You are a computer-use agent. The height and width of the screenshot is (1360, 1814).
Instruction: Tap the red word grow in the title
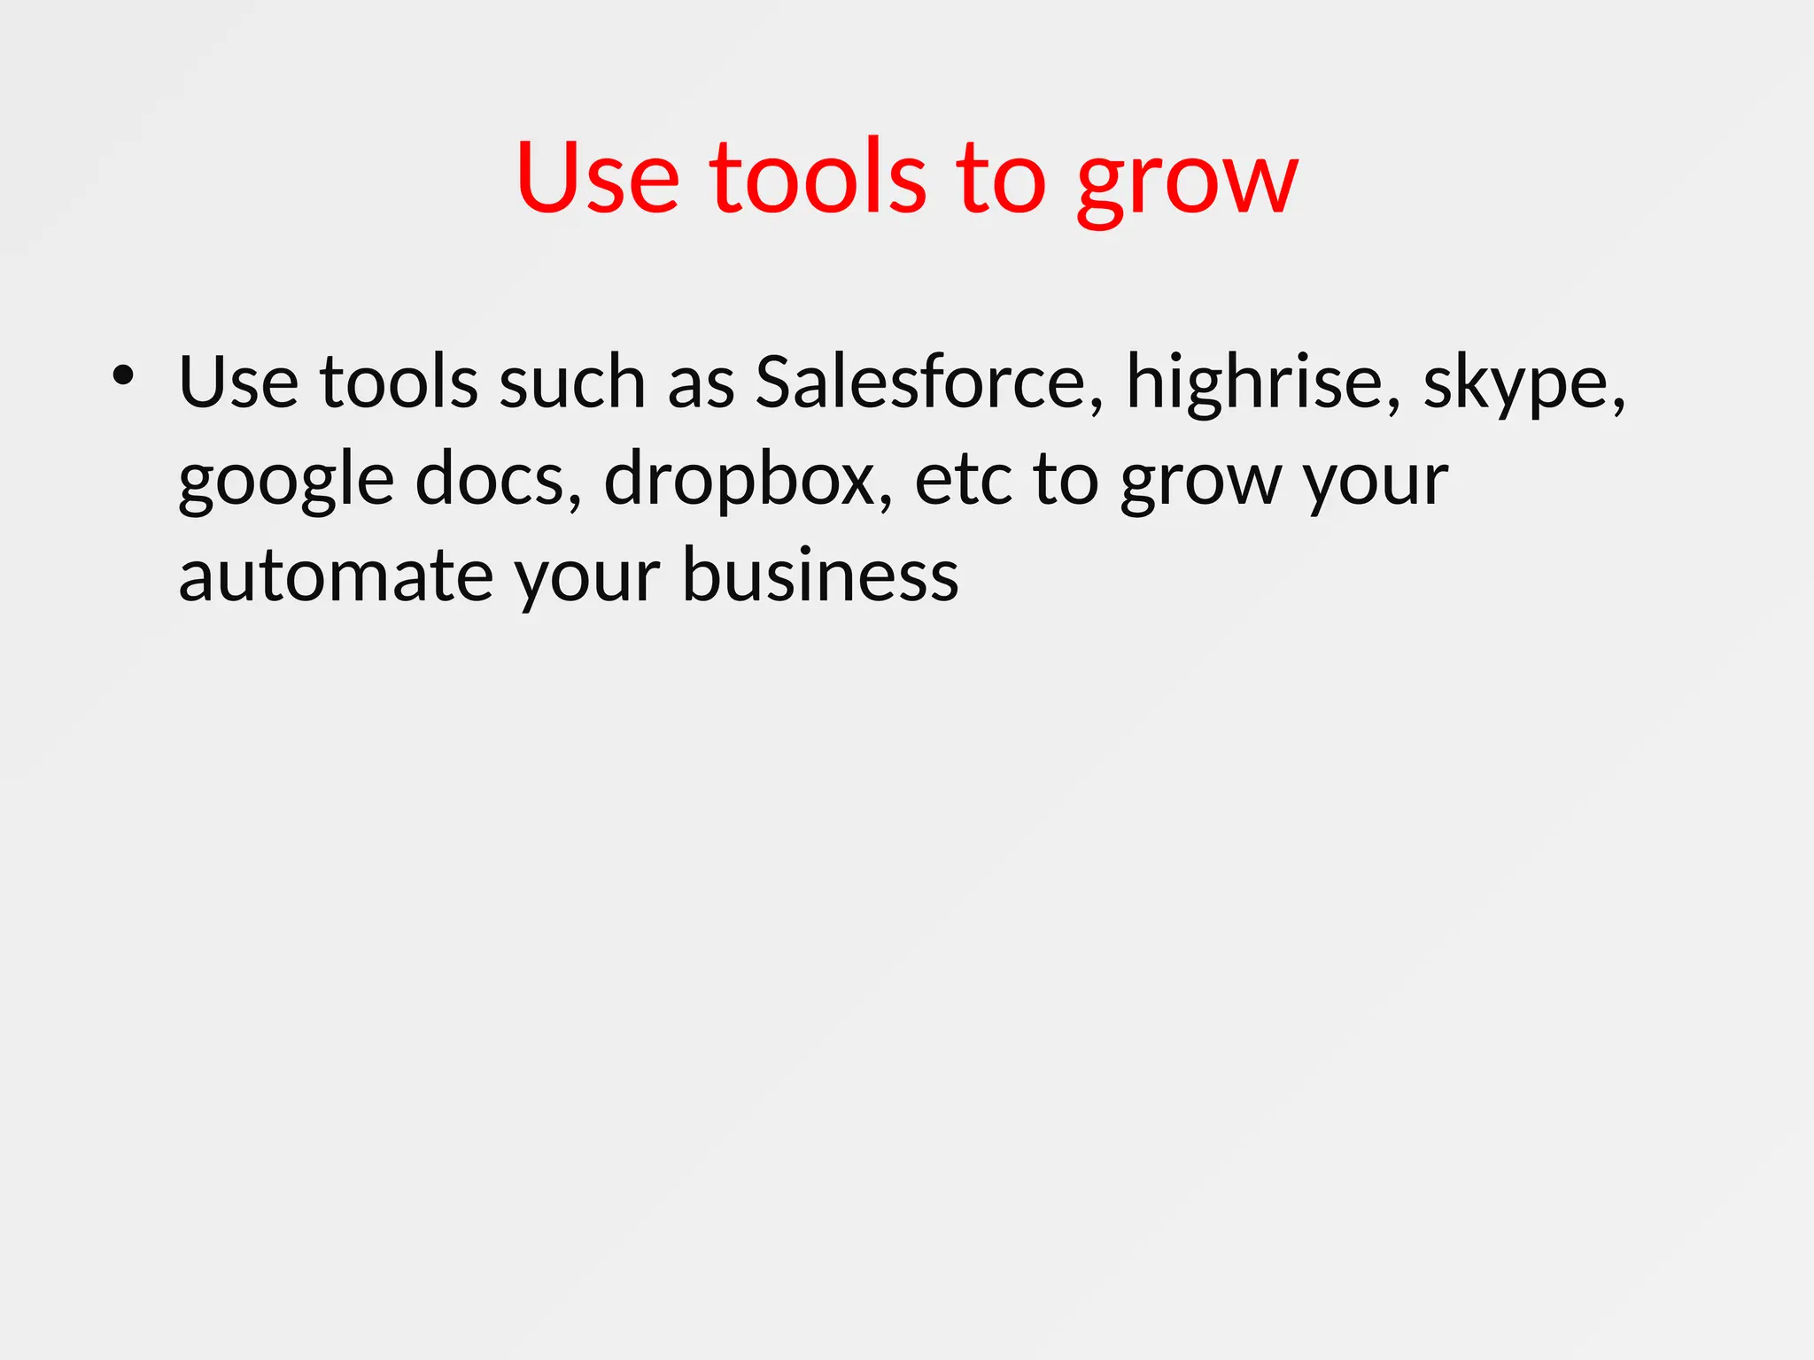pyautogui.click(x=1187, y=182)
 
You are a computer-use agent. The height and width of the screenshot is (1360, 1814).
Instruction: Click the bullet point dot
pyautogui.click(x=123, y=376)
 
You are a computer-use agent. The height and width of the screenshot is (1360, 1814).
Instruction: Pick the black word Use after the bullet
pyautogui.click(x=238, y=382)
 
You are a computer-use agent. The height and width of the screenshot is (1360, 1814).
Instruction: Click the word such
pyautogui.click(x=571, y=382)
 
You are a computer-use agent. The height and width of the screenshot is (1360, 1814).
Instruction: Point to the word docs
pyautogui.click(x=499, y=480)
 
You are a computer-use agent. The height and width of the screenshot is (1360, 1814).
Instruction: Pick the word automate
pyautogui.click(x=336, y=576)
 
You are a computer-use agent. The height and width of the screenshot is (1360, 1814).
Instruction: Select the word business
pyautogui.click(x=820, y=576)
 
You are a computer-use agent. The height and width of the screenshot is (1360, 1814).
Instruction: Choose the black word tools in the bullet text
pyautogui.click(x=399, y=382)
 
